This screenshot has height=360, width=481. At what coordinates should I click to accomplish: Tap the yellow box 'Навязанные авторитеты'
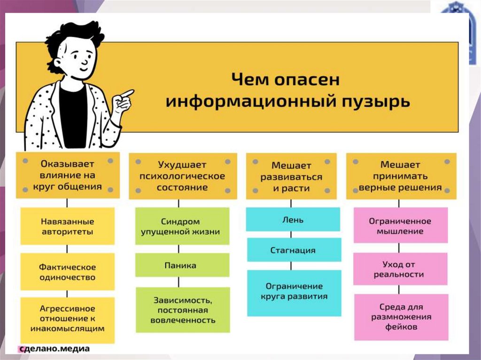67,226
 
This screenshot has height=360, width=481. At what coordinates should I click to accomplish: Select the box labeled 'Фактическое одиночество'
67,272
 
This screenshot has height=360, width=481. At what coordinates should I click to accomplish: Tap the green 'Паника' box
180,265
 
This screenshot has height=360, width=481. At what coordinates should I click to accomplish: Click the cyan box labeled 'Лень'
293,219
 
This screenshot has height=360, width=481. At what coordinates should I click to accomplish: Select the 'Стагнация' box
293,250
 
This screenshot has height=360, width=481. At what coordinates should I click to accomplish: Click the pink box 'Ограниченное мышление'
400,226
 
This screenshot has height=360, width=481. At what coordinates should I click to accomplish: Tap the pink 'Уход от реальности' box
400,269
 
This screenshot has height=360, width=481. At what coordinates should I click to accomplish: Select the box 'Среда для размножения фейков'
400,317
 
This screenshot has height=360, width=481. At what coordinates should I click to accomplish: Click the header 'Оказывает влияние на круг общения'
67,175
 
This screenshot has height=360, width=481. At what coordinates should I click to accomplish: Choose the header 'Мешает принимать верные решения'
400,176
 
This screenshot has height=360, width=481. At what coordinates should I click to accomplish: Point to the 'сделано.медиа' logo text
54,349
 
